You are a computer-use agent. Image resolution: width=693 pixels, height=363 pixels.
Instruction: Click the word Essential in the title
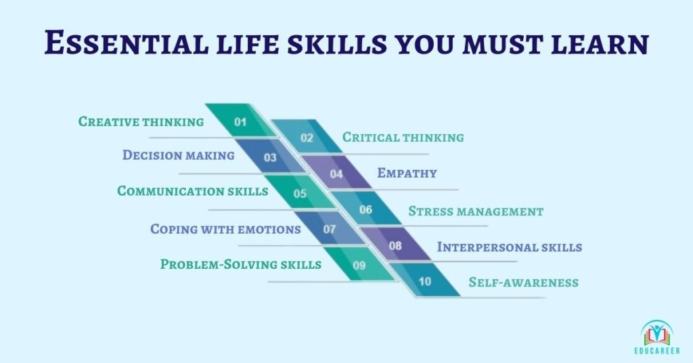coord(126,43)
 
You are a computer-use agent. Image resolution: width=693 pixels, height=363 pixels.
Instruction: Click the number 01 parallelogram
coord(242,121)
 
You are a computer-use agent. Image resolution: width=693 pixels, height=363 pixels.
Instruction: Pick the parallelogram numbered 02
coord(307,136)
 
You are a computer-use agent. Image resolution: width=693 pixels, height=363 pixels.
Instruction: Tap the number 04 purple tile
coord(336,173)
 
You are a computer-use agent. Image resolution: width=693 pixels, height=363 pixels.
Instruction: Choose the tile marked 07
coord(330,228)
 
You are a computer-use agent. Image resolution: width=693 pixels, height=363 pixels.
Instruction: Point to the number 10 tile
coord(425,280)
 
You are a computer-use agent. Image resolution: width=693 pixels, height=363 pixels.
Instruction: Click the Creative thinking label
coord(141,122)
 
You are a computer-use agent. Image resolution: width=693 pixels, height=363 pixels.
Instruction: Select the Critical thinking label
coord(403,137)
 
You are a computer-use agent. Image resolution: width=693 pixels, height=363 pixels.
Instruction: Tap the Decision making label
coord(178,155)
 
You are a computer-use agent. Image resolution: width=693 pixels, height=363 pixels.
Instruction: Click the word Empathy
coord(407,173)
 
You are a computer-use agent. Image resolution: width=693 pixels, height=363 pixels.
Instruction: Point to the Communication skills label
coord(192,191)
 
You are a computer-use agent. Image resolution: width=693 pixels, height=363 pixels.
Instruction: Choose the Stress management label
coord(476,211)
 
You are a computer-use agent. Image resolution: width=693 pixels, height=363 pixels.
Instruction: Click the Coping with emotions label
coord(225,229)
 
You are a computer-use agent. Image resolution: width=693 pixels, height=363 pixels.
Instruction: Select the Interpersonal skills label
coord(509,247)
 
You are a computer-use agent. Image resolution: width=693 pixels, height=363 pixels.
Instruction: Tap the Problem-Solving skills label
coord(240,264)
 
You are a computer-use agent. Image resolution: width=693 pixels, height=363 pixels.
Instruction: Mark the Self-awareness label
coord(523,282)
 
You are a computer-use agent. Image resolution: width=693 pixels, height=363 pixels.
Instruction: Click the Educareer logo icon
coord(656,333)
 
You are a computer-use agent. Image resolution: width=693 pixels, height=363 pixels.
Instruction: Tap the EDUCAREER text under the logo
coord(656,351)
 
